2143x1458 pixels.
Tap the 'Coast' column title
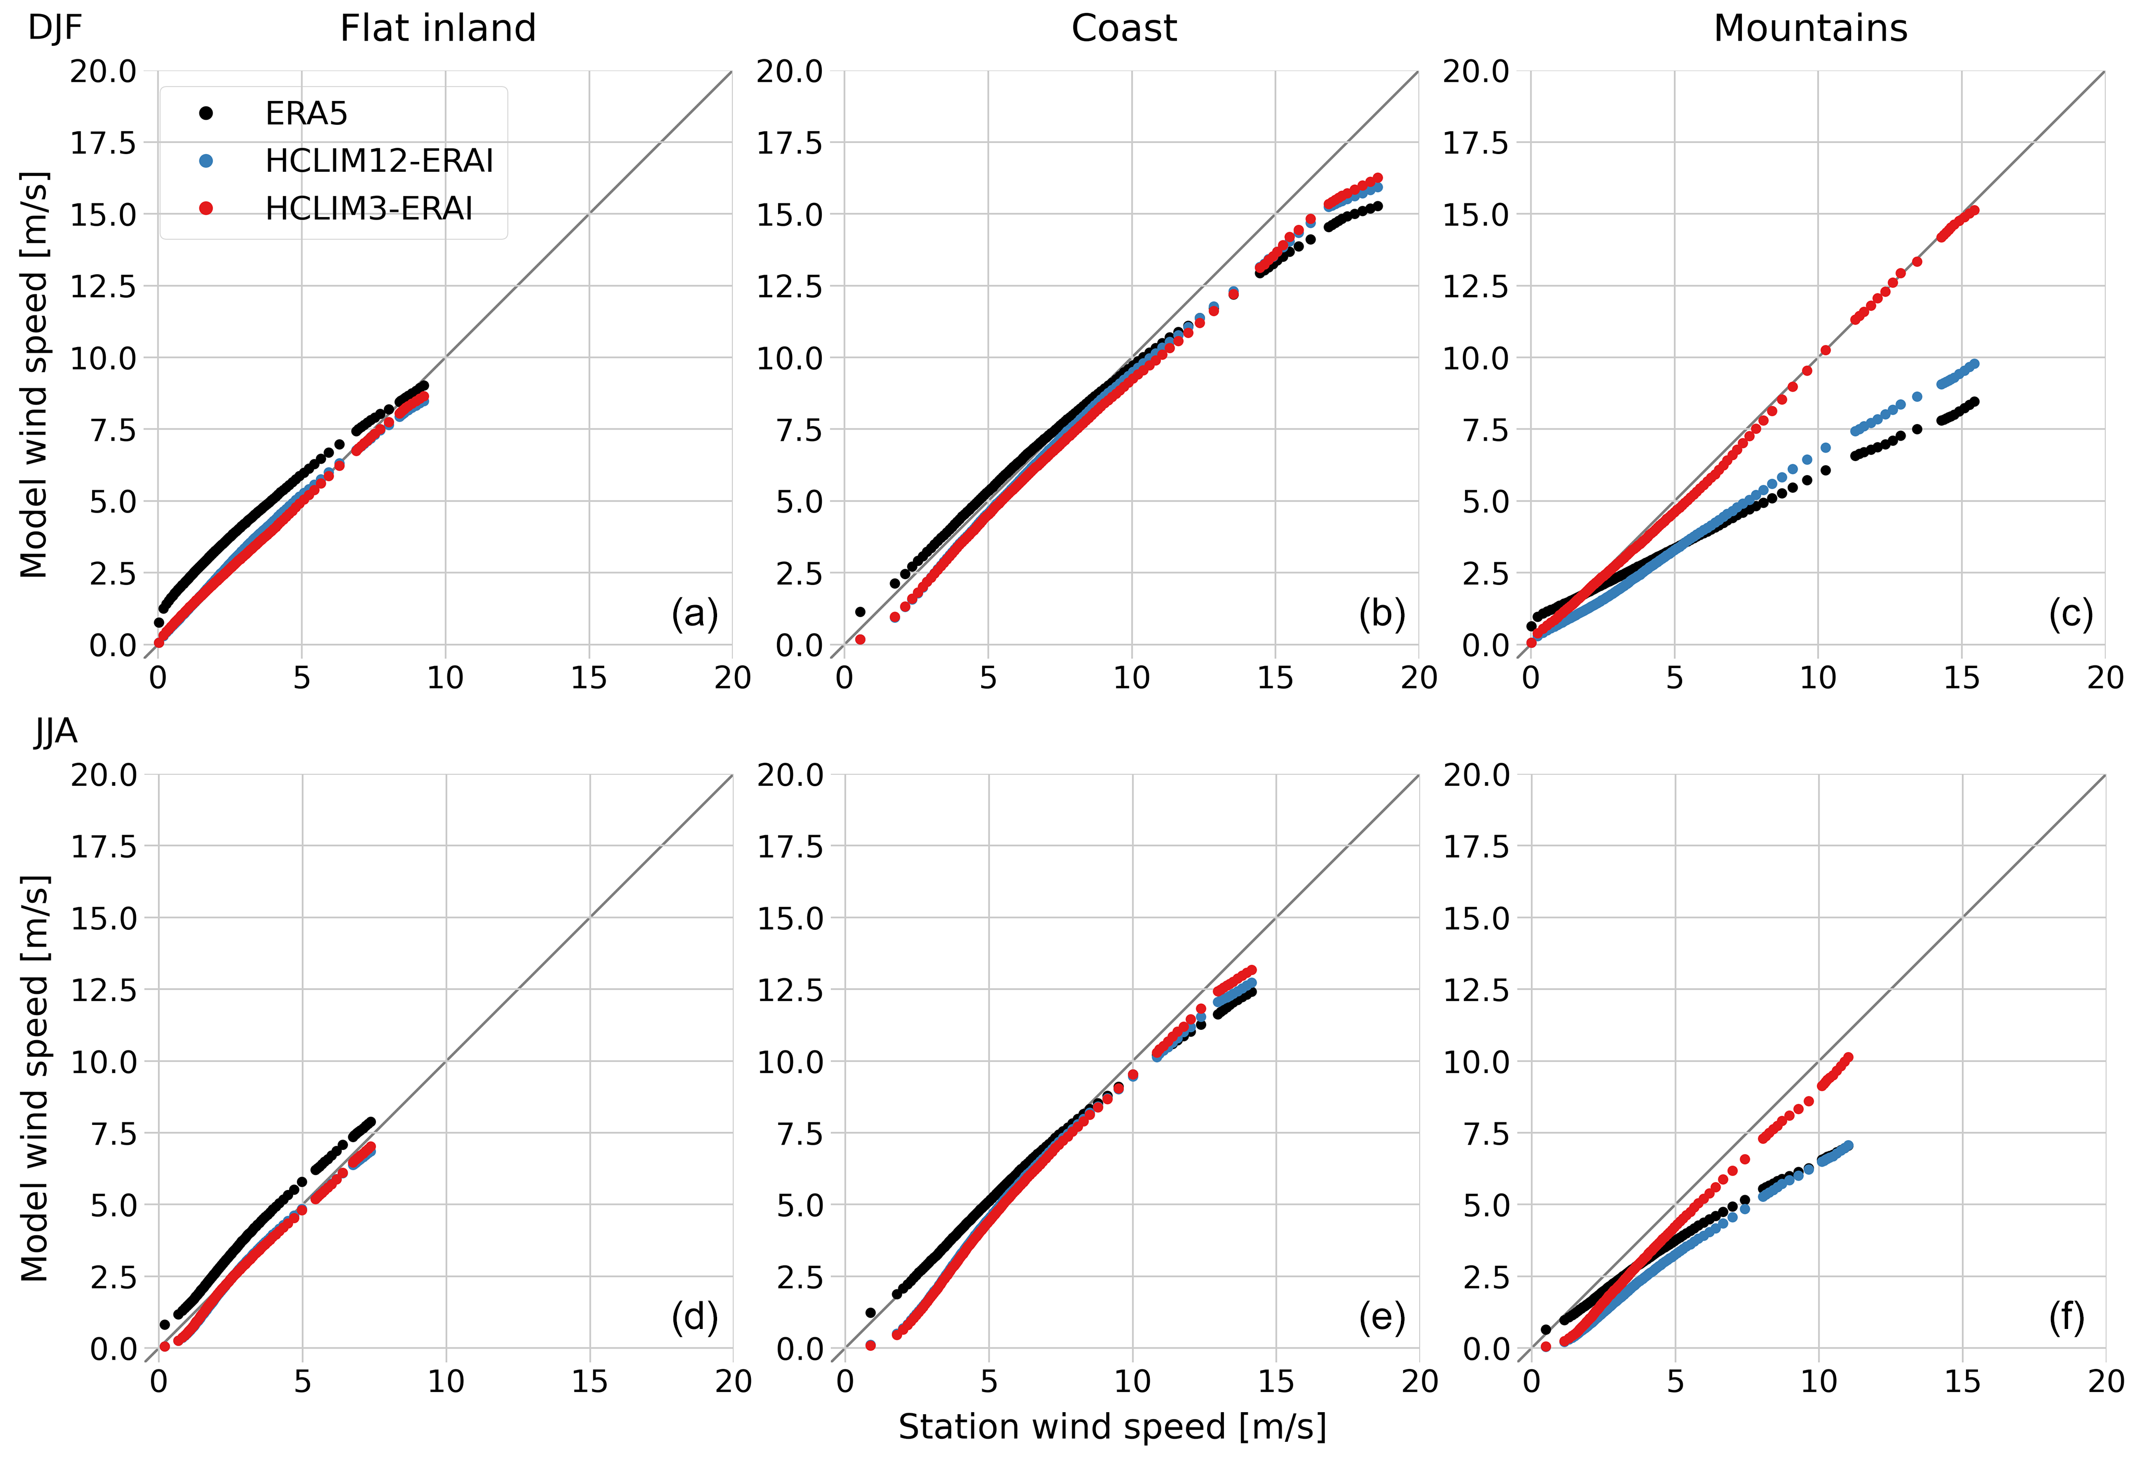pyautogui.click(x=1123, y=29)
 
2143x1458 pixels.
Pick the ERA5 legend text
pyautogui.click(x=306, y=113)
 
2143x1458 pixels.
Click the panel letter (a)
pyautogui.click(x=694, y=614)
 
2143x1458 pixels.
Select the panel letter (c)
pyautogui.click(x=2070, y=614)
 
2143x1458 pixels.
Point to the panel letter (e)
pyautogui.click(x=1381, y=1318)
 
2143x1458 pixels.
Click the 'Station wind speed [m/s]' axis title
pyautogui.click(x=1112, y=1427)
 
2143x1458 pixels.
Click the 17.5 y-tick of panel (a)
pyautogui.click(x=103, y=143)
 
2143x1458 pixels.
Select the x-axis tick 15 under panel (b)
pyautogui.click(x=1275, y=679)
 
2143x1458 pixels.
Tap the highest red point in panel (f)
pyautogui.click(x=1847, y=1058)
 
